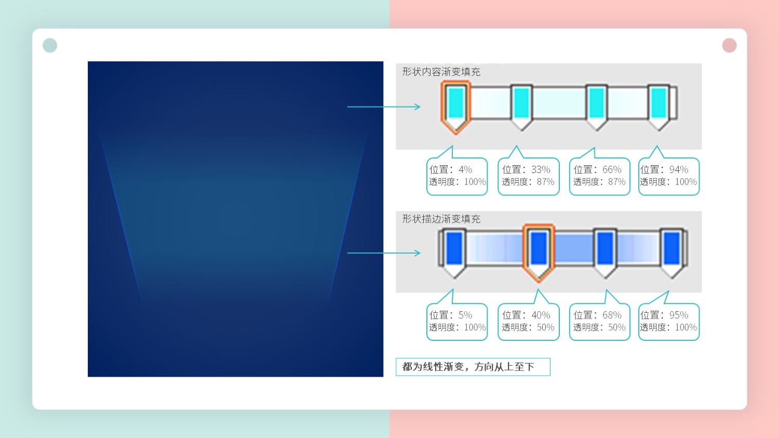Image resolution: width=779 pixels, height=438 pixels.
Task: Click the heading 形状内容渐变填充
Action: [x=441, y=72]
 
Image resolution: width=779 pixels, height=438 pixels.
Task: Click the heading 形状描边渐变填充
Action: [x=441, y=219]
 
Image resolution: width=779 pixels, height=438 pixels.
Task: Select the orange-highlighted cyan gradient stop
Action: [x=455, y=107]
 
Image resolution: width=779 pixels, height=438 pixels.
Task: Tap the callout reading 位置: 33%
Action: [x=528, y=176]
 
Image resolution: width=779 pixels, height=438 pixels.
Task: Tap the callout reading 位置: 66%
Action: [x=599, y=176]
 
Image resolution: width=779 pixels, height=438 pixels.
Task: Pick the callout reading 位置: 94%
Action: [x=669, y=176]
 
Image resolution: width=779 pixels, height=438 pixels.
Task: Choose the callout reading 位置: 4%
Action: [x=457, y=176]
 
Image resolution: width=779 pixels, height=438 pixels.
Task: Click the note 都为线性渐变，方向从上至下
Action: [x=473, y=367]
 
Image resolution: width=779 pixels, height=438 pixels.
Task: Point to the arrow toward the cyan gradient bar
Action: [x=384, y=107]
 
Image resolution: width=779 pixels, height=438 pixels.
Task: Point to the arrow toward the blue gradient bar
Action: [x=384, y=253]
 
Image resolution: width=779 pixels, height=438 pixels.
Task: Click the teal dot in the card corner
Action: [x=50, y=45]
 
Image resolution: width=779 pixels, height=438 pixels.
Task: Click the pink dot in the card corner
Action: [x=729, y=45]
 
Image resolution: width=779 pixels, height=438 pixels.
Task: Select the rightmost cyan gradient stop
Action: [x=659, y=107]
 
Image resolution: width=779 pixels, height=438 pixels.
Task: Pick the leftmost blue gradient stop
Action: [x=454, y=253]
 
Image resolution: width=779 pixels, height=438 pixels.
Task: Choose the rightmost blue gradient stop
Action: [x=672, y=253]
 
